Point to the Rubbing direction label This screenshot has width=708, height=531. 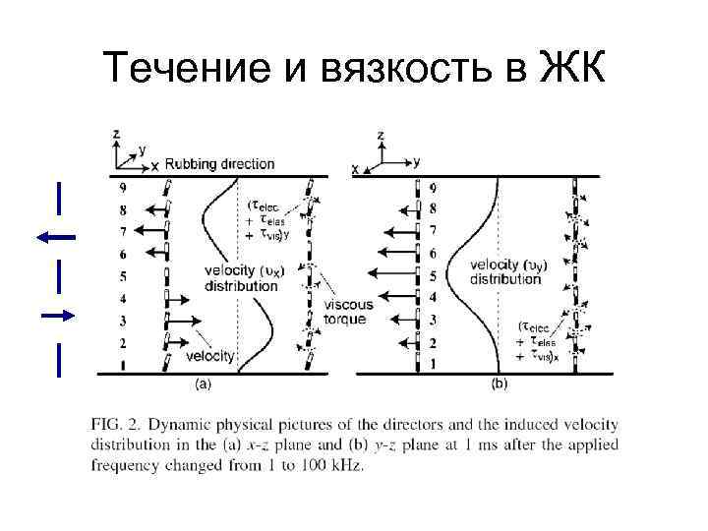point(219,163)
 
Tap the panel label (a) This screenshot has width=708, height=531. point(203,384)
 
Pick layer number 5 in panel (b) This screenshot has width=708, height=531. point(433,274)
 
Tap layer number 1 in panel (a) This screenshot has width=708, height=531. point(122,366)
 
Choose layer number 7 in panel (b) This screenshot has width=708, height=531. point(433,230)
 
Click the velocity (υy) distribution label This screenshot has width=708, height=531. point(506,271)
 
